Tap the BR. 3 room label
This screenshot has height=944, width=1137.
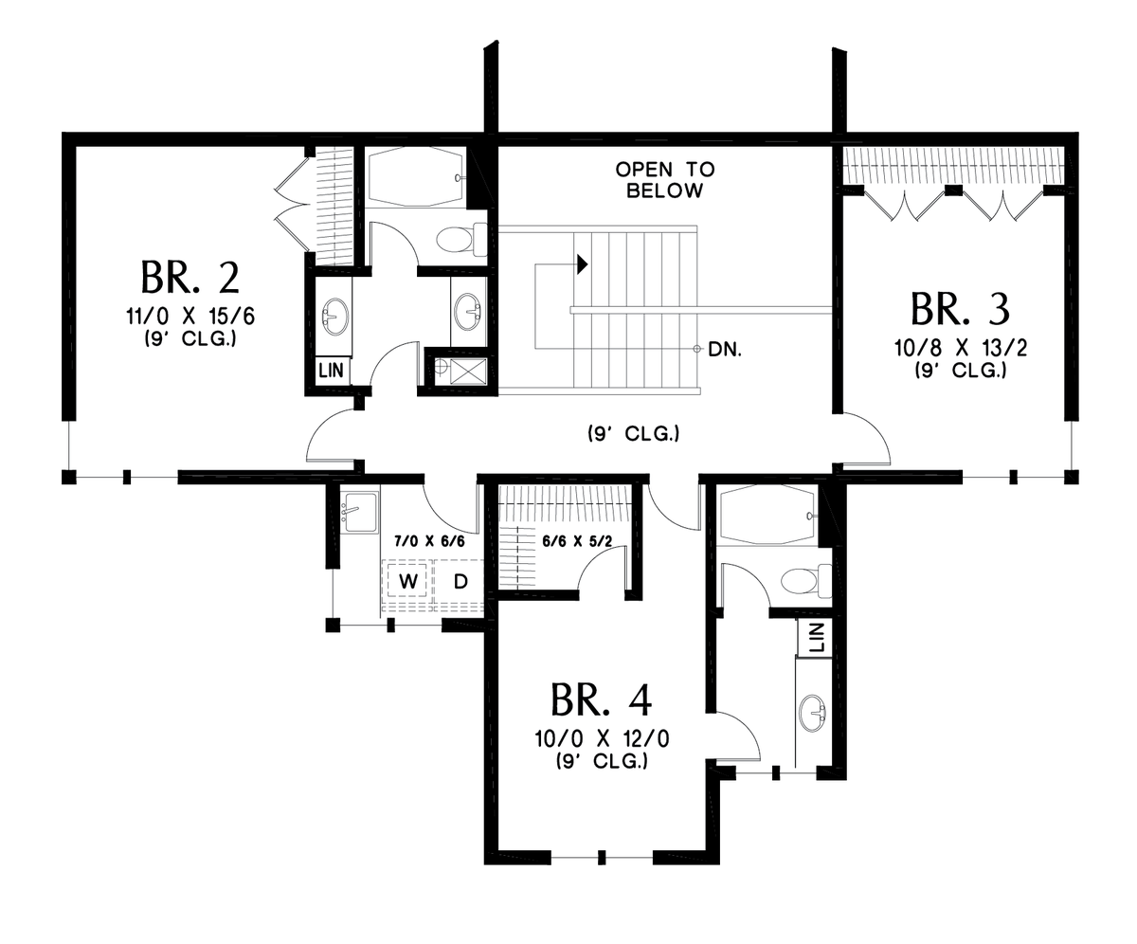[960, 309]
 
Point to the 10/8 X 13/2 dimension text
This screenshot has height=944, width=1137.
[960, 350]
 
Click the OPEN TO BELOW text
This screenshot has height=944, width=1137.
[665, 180]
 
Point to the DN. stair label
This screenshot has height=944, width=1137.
[724, 349]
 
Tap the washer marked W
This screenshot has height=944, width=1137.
[408, 581]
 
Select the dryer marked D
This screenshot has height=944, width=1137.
[460, 581]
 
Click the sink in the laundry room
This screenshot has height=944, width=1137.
[358, 513]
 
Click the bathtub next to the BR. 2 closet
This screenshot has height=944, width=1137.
[415, 178]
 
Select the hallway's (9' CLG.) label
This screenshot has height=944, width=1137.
[632, 435]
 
